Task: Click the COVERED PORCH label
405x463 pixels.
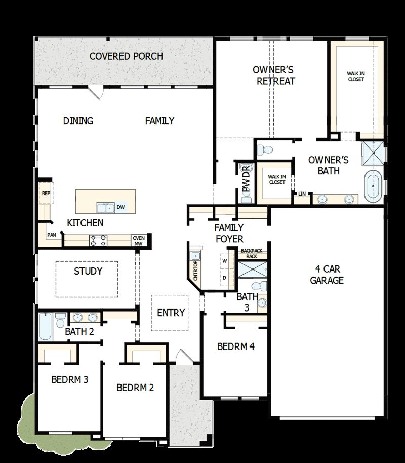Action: tap(126, 56)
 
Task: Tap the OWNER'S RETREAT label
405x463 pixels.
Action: tap(274, 75)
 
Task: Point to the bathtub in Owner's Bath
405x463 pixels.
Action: tap(373, 186)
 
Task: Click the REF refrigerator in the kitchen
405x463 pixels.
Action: tap(46, 194)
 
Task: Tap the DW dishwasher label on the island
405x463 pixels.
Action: tap(120, 207)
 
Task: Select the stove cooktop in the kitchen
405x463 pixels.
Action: tap(98, 240)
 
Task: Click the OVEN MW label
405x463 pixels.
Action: tap(138, 241)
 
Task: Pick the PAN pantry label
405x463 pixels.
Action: tap(51, 235)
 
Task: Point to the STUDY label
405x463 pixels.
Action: tap(88, 272)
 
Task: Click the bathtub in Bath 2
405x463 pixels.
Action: tap(46, 327)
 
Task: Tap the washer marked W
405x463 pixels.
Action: tap(224, 260)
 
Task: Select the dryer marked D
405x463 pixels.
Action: tap(224, 278)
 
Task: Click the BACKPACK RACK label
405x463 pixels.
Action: tap(249, 253)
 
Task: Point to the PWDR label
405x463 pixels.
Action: tap(247, 179)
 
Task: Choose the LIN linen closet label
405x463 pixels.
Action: tap(302, 194)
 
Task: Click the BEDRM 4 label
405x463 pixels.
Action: tap(235, 347)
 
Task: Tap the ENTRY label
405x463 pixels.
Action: tap(171, 313)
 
